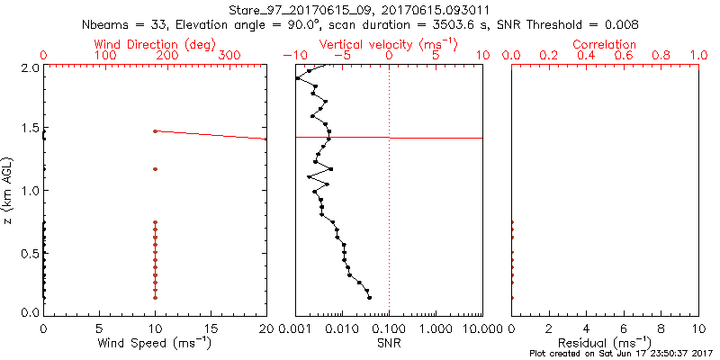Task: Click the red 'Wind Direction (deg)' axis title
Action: point(154,44)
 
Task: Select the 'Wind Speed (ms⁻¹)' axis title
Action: point(155,342)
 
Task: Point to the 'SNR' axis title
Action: point(389,342)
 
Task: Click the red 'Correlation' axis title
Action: point(605,44)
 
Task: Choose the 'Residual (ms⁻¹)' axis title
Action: point(605,342)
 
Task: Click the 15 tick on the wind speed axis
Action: point(211,328)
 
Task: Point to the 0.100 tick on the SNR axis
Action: point(389,328)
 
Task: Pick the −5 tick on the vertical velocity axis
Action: point(340,56)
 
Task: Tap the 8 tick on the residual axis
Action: point(661,328)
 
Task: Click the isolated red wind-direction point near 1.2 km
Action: point(155,168)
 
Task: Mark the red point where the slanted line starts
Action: point(155,131)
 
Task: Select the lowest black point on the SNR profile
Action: point(369,297)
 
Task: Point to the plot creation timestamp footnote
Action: point(621,354)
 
